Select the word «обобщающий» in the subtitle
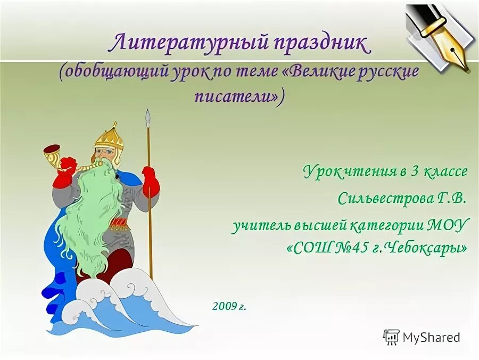[115, 72]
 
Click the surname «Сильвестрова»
[384, 199]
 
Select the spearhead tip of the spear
[148, 118]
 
